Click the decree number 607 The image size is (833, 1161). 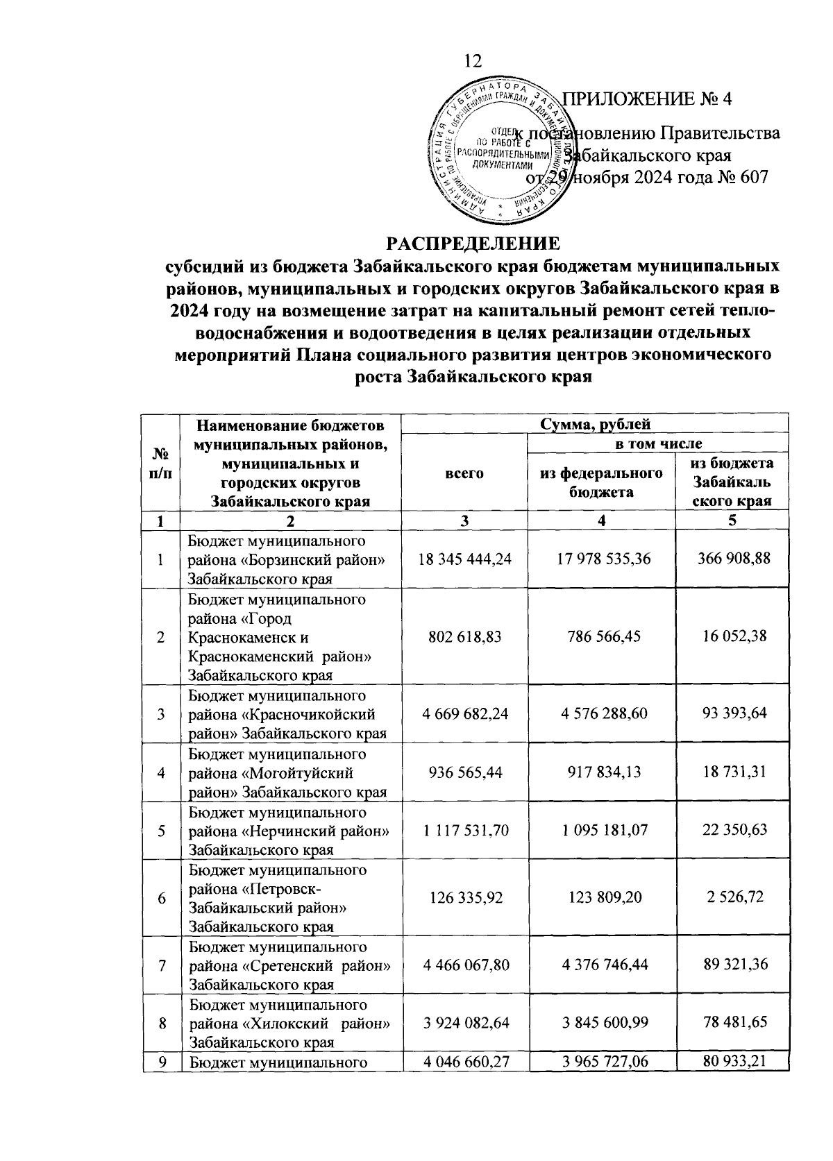(x=755, y=178)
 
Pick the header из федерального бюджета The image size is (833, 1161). (x=601, y=482)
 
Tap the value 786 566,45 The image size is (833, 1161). (x=601, y=636)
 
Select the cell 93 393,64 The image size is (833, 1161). (x=734, y=713)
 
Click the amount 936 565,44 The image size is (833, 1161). (x=464, y=771)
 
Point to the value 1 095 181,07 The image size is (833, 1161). (x=601, y=829)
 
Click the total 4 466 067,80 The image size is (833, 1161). (x=464, y=964)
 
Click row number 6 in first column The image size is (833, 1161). (x=161, y=897)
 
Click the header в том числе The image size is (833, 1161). (x=656, y=443)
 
